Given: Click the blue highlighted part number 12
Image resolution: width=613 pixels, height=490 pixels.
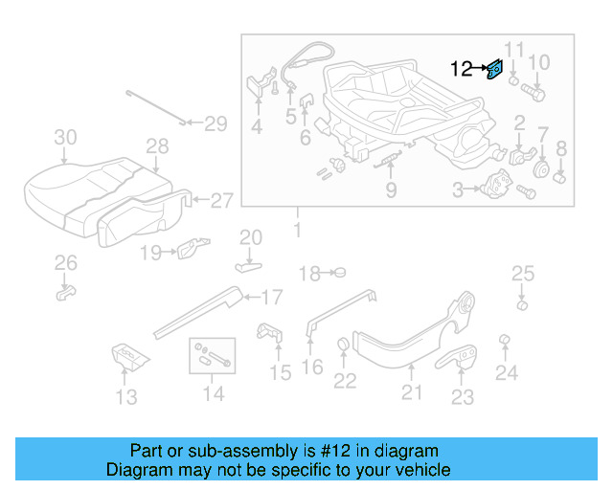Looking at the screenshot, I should click(x=495, y=69).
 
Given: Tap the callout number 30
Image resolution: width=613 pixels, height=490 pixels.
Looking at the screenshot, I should click(x=64, y=138).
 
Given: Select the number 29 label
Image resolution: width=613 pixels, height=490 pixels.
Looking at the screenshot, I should click(x=215, y=122).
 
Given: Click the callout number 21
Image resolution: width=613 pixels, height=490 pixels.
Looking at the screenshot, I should click(x=411, y=390).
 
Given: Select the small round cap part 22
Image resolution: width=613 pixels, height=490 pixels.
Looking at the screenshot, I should click(x=342, y=346).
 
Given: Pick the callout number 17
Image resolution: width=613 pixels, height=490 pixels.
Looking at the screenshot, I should click(x=271, y=296).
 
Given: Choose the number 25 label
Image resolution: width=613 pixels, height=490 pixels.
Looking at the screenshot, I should click(x=522, y=275).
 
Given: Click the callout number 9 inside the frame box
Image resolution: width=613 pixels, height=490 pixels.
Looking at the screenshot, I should click(x=391, y=190).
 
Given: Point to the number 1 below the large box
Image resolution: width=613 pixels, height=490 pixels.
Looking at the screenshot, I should click(x=297, y=230).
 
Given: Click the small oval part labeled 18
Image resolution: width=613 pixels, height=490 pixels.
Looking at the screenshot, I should click(x=338, y=274).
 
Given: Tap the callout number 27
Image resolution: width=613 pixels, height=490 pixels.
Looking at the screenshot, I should click(x=221, y=201).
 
